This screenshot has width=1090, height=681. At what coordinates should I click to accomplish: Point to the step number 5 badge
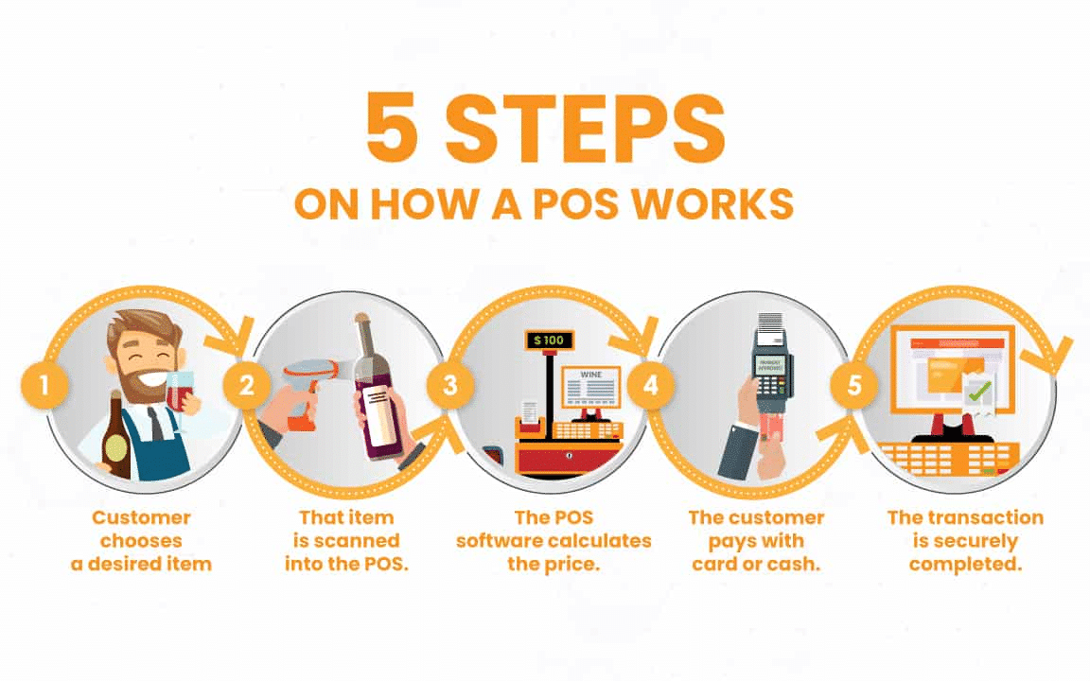pos(853,387)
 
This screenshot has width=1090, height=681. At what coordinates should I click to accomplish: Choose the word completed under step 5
pos(964,564)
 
